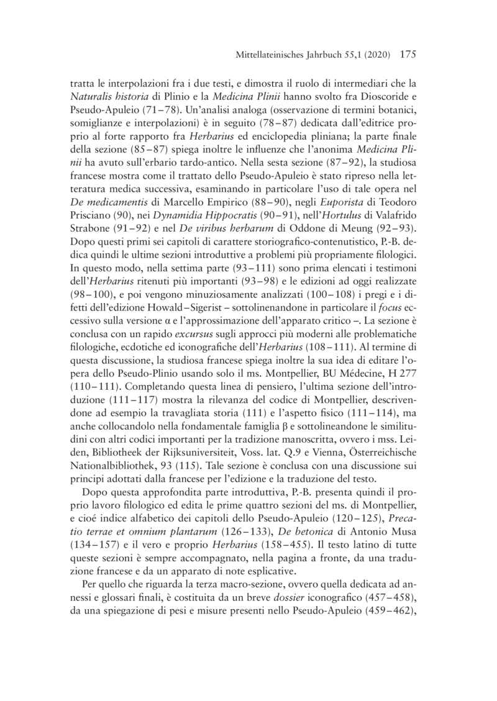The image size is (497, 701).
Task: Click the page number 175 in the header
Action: click(x=407, y=54)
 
